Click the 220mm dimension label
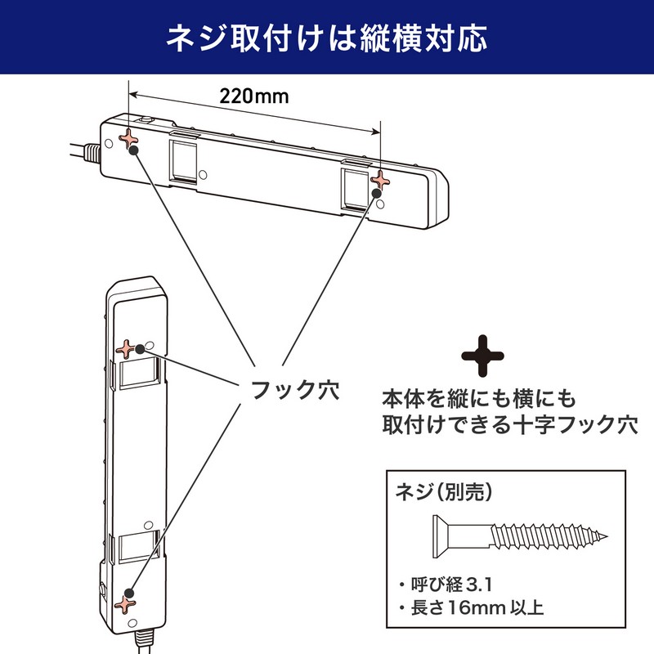coord(254,96)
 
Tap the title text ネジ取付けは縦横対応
coord(327,38)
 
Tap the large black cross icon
coord(484,355)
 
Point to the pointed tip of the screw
coord(607,537)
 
